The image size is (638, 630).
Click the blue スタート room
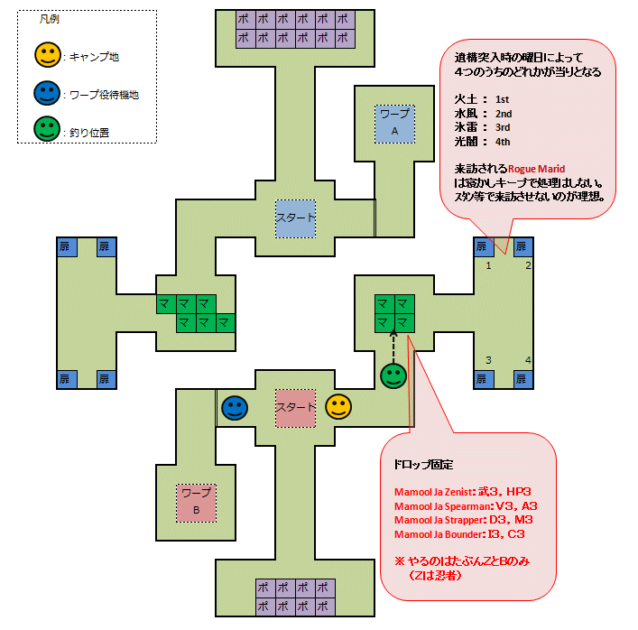[x=295, y=219]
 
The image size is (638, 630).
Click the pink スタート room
[x=295, y=407]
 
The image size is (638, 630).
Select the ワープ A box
[x=394, y=123]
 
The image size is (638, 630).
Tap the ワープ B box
[x=196, y=501]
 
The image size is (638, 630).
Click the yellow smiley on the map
[x=338, y=407]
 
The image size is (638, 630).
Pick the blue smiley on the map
[x=236, y=408]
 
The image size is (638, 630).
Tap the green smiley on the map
[x=393, y=375]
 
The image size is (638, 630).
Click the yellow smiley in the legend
[x=46, y=56]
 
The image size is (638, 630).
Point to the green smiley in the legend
[x=46, y=132]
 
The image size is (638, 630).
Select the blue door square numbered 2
[x=523, y=247]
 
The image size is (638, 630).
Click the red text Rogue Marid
[x=536, y=169]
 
